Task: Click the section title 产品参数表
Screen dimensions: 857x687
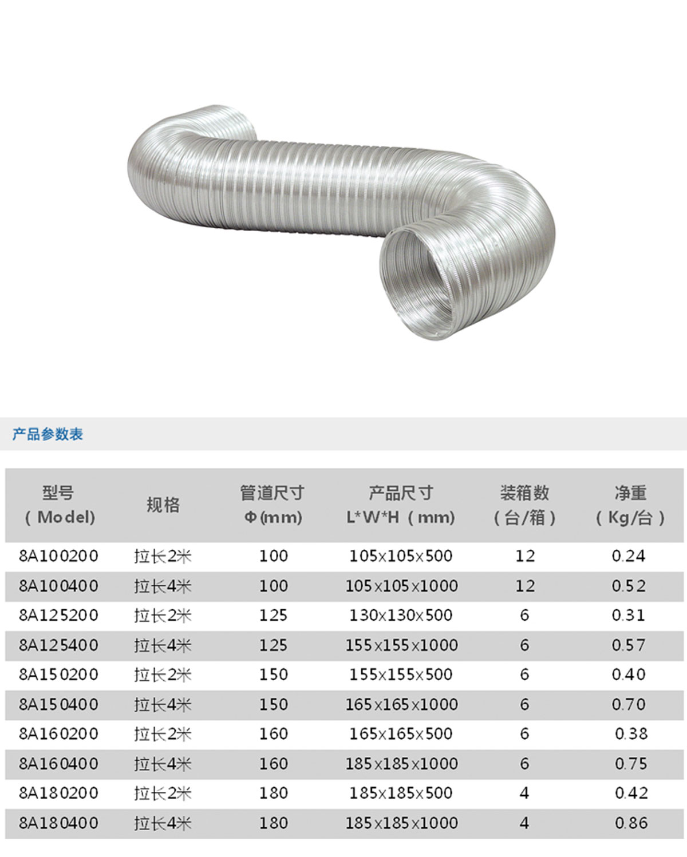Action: tap(48, 434)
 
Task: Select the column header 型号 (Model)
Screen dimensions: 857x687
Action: tap(58, 505)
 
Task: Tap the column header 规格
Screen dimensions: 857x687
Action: tap(163, 505)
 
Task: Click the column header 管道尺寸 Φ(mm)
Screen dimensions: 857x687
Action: tap(273, 505)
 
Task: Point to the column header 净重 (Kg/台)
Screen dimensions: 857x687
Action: tap(630, 505)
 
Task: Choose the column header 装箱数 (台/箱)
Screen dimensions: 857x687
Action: tap(524, 505)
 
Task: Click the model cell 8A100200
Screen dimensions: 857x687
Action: tap(58, 556)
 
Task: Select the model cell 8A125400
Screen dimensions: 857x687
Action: tap(58, 645)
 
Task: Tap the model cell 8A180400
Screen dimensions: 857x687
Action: tap(58, 823)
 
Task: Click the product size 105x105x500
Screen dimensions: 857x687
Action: tap(401, 556)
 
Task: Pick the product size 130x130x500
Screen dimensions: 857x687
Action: tap(401, 616)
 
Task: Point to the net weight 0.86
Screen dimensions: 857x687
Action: tap(631, 823)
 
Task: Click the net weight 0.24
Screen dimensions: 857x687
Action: tap(628, 556)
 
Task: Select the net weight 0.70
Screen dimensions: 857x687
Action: tap(628, 704)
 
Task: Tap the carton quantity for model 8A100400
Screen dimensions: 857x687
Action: tap(524, 586)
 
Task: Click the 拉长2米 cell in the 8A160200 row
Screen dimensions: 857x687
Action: tap(163, 734)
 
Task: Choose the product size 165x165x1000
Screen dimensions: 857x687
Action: tap(401, 704)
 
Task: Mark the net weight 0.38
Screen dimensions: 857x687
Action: tap(631, 734)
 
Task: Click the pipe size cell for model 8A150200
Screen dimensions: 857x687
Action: tap(273, 675)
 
